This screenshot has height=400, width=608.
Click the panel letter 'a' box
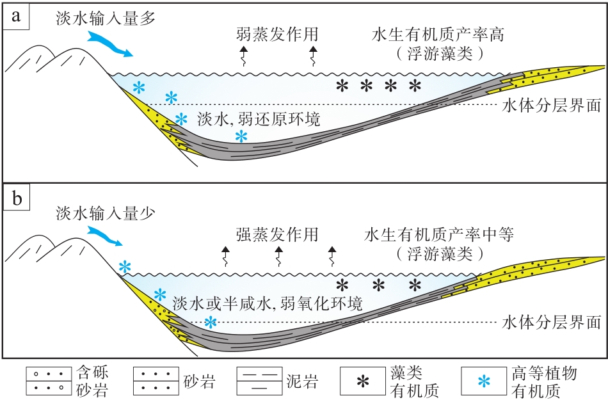tap(15, 16)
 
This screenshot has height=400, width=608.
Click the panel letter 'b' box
tap(15, 200)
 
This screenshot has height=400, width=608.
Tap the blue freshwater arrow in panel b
tap(104, 235)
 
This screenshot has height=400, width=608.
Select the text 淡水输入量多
tap(106, 18)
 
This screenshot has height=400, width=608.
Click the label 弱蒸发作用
tap(276, 33)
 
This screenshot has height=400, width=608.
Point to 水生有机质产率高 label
tap(438, 33)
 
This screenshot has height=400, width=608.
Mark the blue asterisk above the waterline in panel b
tap(125, 266)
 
